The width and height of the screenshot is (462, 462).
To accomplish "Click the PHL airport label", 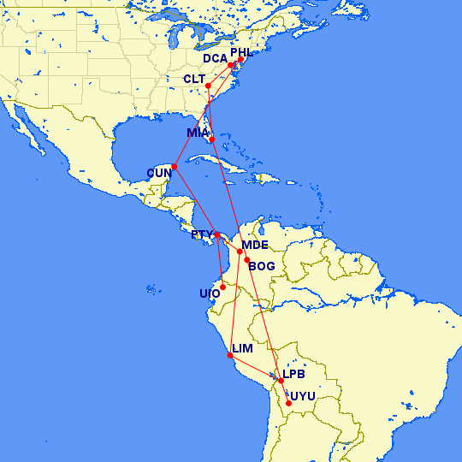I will (242, 52).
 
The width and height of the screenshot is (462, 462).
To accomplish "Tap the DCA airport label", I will (215, 59).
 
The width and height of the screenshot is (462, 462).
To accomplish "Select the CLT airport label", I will (195, 79).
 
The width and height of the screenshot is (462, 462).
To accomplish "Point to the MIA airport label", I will (198, 133).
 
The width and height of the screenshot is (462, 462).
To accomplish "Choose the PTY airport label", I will (202, 234).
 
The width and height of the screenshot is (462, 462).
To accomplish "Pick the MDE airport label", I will (255, 245).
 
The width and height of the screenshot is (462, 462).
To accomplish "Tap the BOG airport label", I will (262, 266).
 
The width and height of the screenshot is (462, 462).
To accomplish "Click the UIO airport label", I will (210, 293).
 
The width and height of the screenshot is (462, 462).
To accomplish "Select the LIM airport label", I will (243, 349).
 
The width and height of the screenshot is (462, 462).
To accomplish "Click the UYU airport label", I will (303, 396).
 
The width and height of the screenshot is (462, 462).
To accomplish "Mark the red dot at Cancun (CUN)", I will (175, 166).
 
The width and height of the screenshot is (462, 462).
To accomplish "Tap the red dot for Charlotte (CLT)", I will (208, 86).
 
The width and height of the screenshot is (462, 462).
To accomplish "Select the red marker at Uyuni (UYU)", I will (289, 403).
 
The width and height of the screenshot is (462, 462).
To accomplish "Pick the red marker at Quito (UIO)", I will (222, 287).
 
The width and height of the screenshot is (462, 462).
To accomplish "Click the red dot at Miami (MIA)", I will (211, 139).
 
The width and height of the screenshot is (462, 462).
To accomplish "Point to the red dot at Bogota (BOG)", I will (247, 260).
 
